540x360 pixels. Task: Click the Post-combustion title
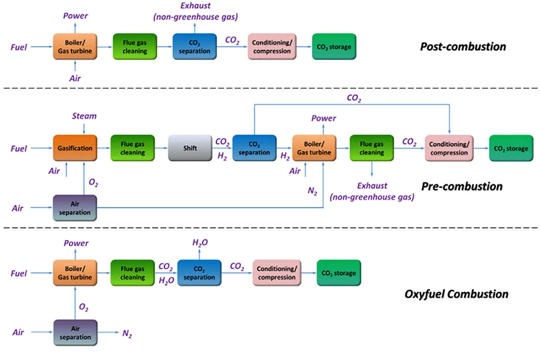tap(463, 46)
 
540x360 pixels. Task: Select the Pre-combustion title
tap(462, 186)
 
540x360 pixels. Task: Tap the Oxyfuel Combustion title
tap(456, 294)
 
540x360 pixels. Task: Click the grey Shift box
tap(190, 148)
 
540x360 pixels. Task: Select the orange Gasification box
tap(75, 148)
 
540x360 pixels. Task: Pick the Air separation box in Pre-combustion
tap(75, 208)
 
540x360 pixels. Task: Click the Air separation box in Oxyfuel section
tap(75, 333)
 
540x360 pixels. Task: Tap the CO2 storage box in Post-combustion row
tap(334, 47)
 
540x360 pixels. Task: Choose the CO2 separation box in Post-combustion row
tap(194, 47)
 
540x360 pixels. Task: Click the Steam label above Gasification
tap(84, 116)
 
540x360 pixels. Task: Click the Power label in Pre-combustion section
tap(324, 118)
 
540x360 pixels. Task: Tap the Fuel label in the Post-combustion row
tap(19, 47)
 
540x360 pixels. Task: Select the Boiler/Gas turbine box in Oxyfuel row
tap(75, 273)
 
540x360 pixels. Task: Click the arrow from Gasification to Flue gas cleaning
tap(103, 149)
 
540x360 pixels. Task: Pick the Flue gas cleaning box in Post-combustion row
tap(135, 47)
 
